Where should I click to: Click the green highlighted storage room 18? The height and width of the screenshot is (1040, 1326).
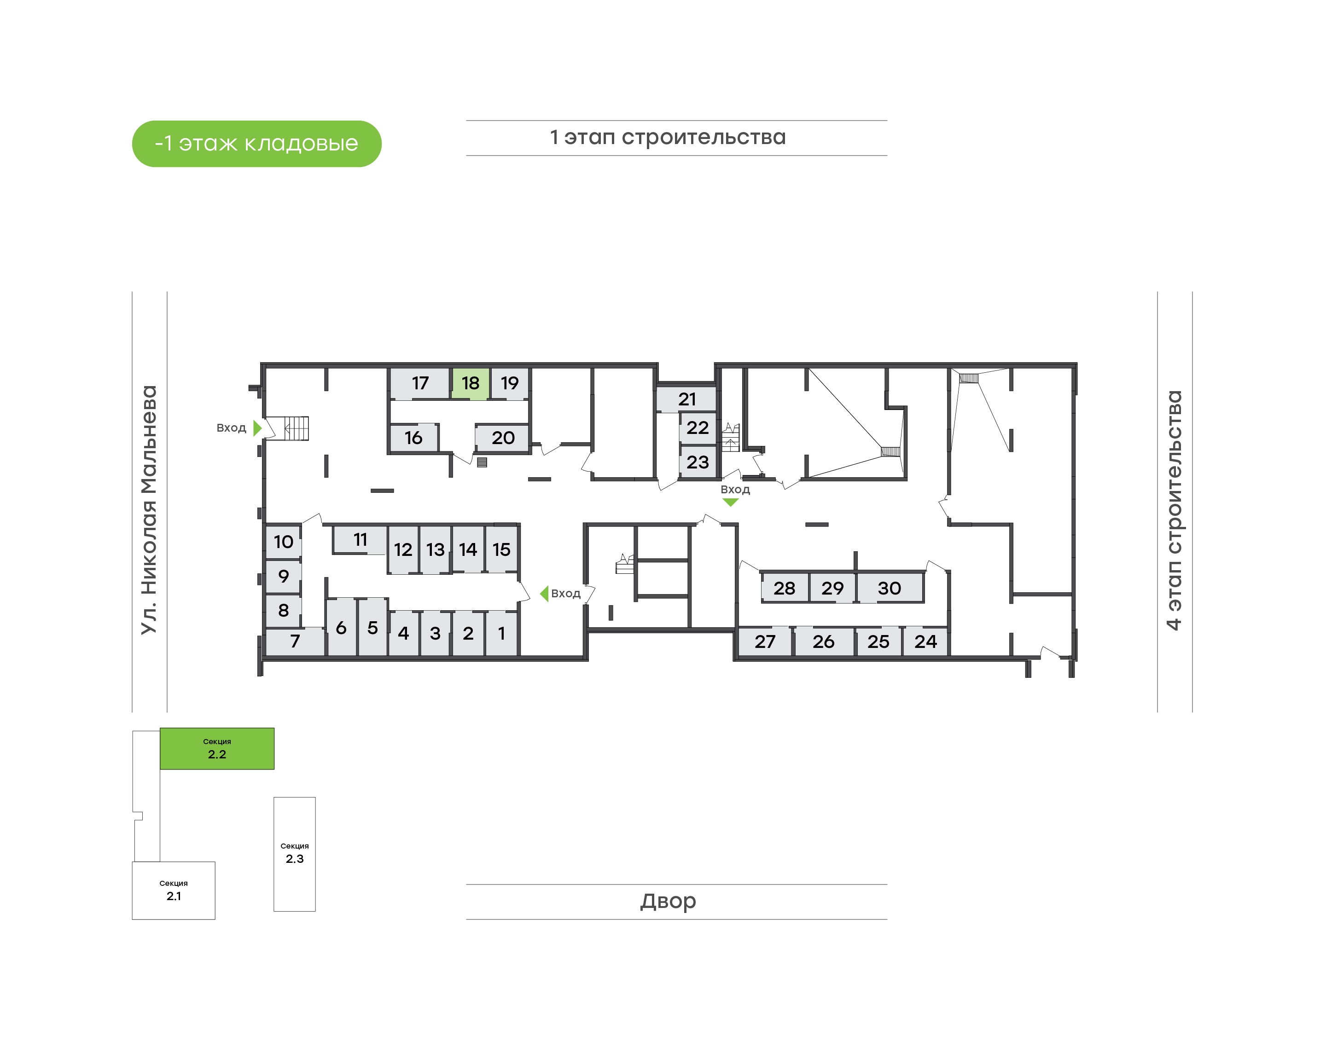(470, 383)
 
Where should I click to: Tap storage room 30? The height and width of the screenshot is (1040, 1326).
(889, 588)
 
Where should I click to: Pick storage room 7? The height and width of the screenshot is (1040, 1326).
(295, 641)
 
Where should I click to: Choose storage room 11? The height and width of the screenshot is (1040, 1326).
(360, 539)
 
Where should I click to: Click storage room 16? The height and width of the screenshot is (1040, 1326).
(413, 438)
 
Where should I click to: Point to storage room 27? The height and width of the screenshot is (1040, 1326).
(765, 641)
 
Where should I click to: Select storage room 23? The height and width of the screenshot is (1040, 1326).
(698, 462)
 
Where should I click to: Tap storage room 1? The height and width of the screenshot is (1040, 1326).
(501, 633)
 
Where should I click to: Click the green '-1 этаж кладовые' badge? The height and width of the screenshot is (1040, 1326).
(256, 144)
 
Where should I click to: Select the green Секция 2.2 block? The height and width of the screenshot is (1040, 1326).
(217, 748)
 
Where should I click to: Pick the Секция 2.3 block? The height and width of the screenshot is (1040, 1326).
(295, 854)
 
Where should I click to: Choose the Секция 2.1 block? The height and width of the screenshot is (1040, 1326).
(174, 890)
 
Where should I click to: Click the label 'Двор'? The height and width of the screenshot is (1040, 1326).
(668, 901)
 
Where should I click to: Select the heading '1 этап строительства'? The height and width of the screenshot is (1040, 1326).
(668, 137)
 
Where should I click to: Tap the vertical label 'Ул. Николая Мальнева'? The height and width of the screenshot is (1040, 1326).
(149, 510)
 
